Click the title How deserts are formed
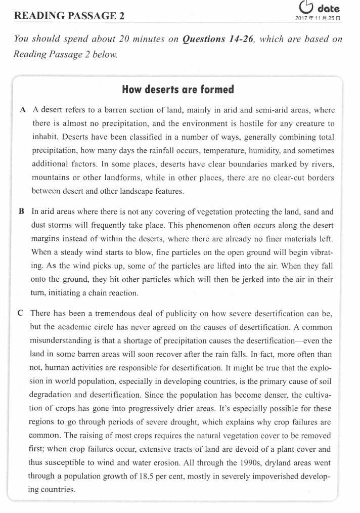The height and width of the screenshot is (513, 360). coord(178,90)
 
